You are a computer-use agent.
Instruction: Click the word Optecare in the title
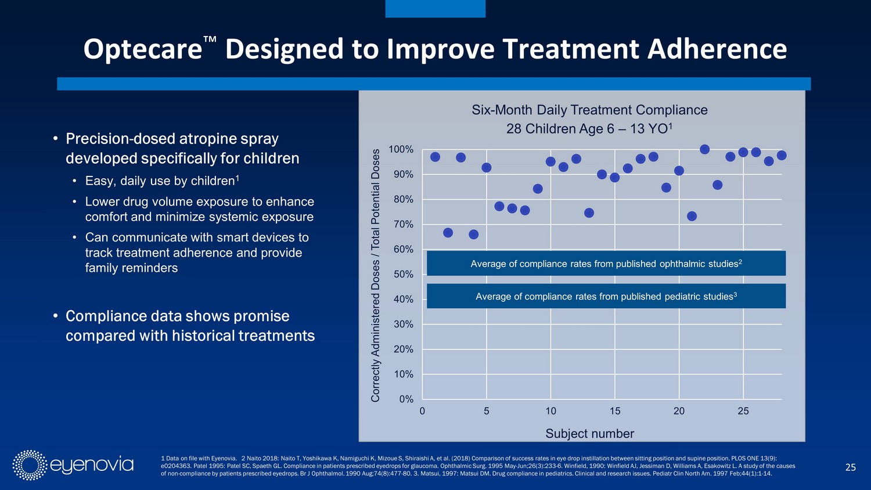(x=143, y=49)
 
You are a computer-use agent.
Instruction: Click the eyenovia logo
(x=73, y=465)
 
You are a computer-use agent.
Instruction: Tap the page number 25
(x=850, y=467)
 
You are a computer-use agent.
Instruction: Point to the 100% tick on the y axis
(x=401, y=150)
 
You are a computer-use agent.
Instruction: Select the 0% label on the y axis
(x=406, y=399)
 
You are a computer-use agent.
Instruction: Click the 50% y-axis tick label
(x=403, y=275)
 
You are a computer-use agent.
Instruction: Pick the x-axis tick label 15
(x=615, y=411)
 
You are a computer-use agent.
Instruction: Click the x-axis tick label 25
(x=743, y=411)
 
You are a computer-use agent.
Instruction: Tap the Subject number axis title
(x=589, y=434)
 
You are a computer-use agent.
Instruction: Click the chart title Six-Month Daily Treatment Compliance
(x=589, y=110)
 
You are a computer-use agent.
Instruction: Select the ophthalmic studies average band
(x=606, y=264)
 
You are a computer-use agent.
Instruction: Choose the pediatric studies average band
(x=606, y=296)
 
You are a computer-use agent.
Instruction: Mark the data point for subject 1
(x=435, y=157)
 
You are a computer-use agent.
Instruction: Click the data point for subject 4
(x=474, y=235)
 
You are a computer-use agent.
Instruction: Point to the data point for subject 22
(x=705, y=149)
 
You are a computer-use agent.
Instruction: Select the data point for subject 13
(x=589, y=213)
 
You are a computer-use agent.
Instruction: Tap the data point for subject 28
(x=782, y=155)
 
